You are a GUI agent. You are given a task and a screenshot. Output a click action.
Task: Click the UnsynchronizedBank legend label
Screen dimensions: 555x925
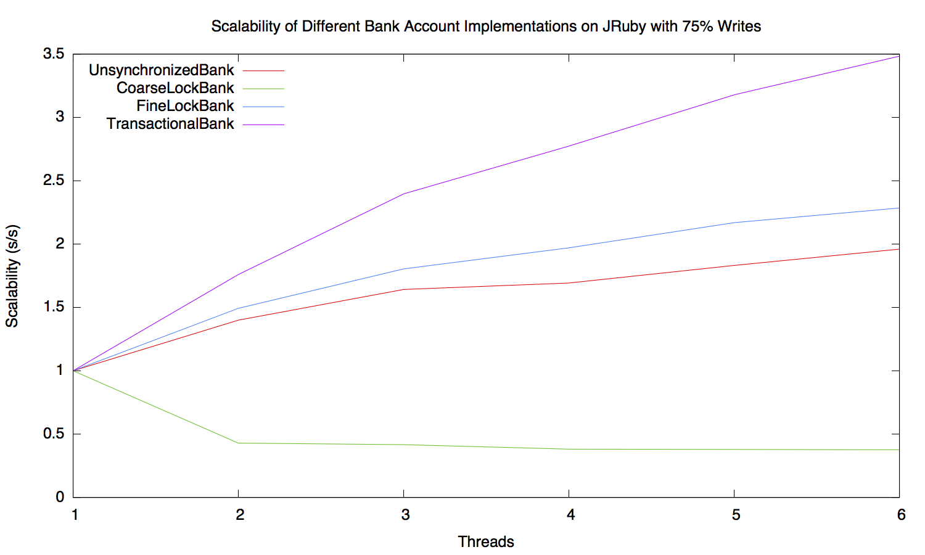[x=161, y=70]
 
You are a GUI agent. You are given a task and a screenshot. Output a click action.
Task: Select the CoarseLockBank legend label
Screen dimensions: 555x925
[x=175, y=88]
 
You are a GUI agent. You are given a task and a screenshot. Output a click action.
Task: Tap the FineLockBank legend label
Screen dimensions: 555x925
[x=185, y=106]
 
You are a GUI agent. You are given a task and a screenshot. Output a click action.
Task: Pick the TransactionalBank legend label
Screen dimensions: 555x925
[x=170, y=124]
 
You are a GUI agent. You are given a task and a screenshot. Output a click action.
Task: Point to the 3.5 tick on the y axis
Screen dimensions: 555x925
[x=54, y=54]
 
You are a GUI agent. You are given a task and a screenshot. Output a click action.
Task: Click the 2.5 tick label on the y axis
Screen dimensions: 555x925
[x=54, y=181]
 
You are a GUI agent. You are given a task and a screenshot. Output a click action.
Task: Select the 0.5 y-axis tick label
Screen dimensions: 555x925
[x=54, y=434]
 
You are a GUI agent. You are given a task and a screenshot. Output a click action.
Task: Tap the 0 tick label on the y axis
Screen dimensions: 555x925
[x=60, y=497]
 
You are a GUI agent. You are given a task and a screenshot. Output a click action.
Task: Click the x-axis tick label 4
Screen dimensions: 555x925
[x=571, y=515]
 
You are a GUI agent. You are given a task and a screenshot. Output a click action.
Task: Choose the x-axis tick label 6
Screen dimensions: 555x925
[x=901, y=515]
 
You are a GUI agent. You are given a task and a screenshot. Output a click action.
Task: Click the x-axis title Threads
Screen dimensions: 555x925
[x=486, y=542]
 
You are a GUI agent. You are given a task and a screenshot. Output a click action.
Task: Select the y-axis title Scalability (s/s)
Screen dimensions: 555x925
[x=12, y=276]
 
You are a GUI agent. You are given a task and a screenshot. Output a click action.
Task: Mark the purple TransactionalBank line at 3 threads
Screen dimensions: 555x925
[x=403, y=194]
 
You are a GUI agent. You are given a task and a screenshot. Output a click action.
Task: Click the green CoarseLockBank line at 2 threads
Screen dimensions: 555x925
[x=238, y=443]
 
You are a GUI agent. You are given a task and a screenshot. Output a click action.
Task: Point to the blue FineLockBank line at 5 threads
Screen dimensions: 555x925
[x=734, y=223]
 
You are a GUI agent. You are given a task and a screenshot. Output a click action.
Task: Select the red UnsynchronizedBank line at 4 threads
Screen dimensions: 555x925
[x=569, y=283]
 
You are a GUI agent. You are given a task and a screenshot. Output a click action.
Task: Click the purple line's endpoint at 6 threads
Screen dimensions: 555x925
[x=898, y=56]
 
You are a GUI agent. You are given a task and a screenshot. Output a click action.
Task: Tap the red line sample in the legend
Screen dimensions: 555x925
[x=263, y=71]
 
